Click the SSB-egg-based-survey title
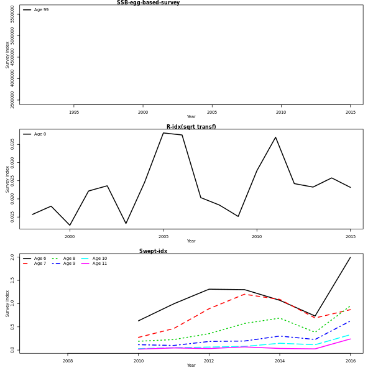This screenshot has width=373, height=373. click(x=148, y=2)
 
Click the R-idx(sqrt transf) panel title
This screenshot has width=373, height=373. click(x=191, y=127)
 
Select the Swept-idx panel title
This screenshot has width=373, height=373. click(x=153, y=251)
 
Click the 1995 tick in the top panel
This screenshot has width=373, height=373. click(x=74, y=113)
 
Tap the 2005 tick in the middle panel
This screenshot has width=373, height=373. click(x=163, y=237)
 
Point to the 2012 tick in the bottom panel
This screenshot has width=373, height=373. click(x=209, y=361)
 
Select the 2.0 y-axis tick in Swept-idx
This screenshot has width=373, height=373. click(x=12, y=257)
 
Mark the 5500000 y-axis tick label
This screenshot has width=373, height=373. click(x=12, y=14)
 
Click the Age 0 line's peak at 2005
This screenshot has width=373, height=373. click(x=163, y=132)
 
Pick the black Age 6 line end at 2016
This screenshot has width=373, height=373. click(x=350, y=257)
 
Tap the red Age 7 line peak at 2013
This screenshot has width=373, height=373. click(x=244, y=294)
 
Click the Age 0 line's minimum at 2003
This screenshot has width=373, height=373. click(x=126, y=223)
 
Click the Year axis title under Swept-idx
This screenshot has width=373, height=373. click(x=191, y=366)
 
